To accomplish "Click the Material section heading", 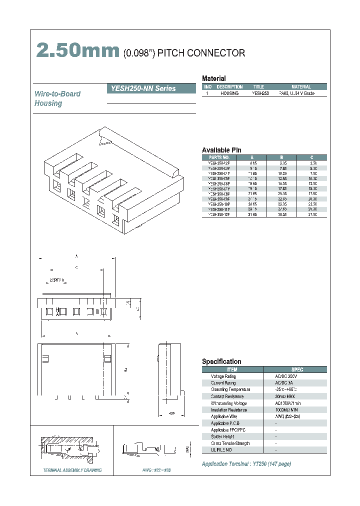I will [x=213, y=78].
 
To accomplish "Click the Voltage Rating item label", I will [x=223, y=376].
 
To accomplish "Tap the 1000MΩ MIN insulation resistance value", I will [x=289, y=409].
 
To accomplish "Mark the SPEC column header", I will [x=296, y=369].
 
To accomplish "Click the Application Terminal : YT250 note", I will [x=246, y=464].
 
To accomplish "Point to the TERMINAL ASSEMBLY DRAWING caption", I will [x=72, y=470].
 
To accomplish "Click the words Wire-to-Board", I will [x=57, y=94].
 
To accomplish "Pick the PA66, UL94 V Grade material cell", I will [x=296, y=93].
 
